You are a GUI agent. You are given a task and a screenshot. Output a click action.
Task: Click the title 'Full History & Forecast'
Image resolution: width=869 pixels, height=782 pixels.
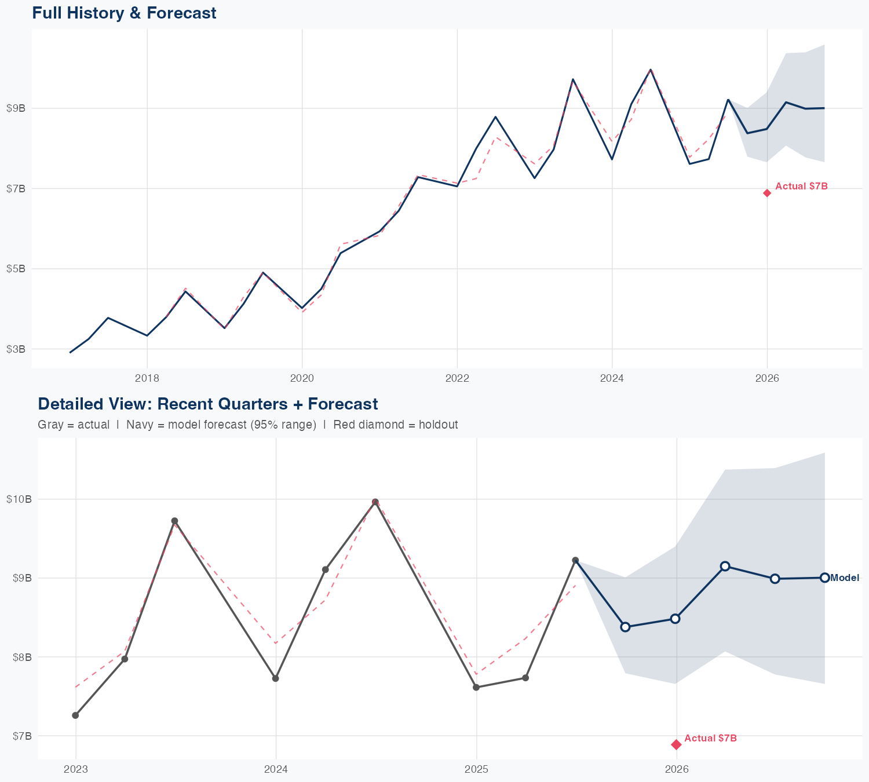pyautogui.click(x=124, y=13)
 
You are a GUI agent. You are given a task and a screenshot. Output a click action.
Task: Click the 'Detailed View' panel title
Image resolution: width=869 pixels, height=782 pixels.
pyautogui.click(x=207, y=404)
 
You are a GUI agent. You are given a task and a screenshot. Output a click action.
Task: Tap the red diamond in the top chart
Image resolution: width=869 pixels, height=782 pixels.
pyautogui.click(x=767, y=193)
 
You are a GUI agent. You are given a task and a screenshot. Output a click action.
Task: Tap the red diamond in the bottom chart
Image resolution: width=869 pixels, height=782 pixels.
pyautogui.click(x=676, y=744)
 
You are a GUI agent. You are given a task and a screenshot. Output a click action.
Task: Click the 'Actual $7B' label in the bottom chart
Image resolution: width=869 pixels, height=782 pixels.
pyautogui.click(x=710, y=739)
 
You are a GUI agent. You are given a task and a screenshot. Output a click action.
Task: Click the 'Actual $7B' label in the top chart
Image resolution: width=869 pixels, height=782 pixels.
pyautogui.click(x=801, y=187)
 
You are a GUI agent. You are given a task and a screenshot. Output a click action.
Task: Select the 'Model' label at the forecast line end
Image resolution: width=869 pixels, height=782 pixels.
pyautogui.click(x=845, y=578)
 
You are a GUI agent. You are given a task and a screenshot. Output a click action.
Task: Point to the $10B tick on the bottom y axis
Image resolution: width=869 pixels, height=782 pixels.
pyautogui.click(x=20, y=499)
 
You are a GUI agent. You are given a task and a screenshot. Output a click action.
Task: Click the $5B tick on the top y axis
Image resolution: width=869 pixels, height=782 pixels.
pyautogui.click(x=16, y=269)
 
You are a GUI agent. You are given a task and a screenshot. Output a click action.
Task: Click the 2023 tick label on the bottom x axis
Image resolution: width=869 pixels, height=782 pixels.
pyautogui.click(x=75, y=769)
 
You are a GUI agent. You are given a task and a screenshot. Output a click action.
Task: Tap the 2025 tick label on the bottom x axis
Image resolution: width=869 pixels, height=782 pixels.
pyautogui.click(x=476, y=769)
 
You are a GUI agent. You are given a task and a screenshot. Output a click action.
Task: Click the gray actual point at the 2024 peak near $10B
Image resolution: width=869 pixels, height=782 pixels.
pyautogui.click(x=375, y=502)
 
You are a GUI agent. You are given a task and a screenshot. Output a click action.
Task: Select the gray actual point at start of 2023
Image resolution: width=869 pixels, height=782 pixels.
pyautogui.click(x=75, y=715)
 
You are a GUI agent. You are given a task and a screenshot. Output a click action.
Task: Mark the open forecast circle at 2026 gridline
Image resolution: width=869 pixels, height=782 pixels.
pyautogui.click(x=675, y=619)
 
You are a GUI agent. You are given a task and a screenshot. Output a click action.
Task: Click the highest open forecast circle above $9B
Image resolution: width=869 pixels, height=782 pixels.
pyautogui.click(x=725, y=566)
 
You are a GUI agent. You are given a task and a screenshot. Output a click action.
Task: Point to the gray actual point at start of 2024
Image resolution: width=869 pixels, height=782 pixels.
pyautogui.click(x=276, y=678)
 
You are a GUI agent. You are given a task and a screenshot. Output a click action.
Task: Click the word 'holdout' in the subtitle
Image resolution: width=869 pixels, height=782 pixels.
pyautogui.click(x=440, y=425)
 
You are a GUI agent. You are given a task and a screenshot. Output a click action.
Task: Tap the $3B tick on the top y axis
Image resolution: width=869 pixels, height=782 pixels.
pyautogui.click(x=16, y=349)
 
